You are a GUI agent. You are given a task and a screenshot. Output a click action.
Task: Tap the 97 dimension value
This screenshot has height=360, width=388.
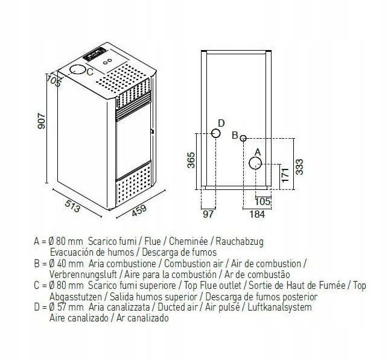tap(208, 213)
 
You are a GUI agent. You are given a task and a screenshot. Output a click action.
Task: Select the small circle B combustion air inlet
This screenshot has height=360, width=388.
tap(243, 138)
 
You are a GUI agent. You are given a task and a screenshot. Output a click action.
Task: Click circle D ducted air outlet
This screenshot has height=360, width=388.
tap(215, 134)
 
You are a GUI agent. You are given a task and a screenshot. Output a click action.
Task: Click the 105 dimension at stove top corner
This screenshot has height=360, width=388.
tap(55, 81)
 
